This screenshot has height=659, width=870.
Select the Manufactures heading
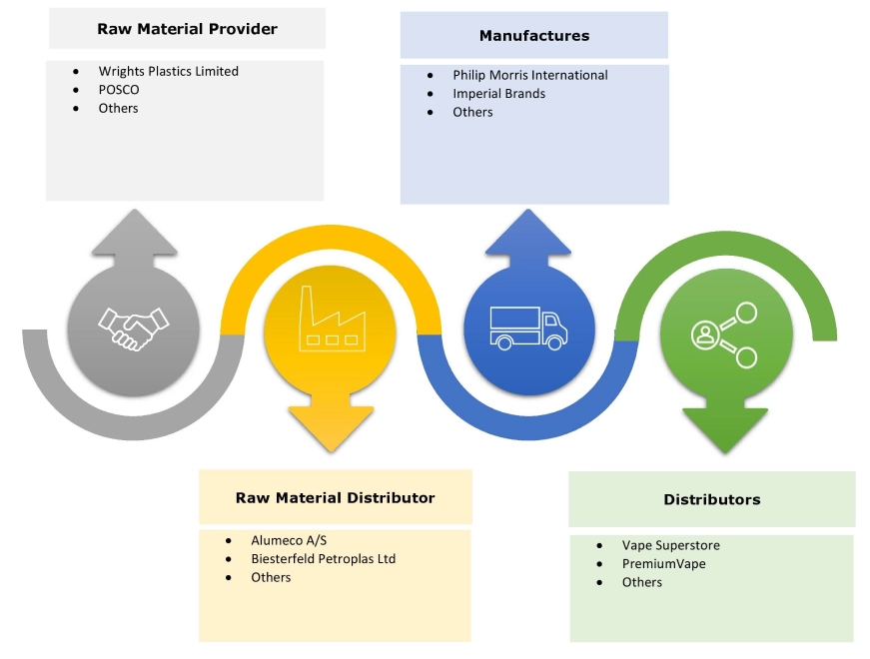(534, 36)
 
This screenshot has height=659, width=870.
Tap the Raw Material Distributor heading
(335, 497)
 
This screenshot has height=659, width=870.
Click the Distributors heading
(711, 499)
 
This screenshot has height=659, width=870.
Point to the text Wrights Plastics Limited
(168, 71)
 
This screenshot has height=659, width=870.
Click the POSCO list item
(119, 90)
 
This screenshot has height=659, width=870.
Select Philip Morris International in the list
(529, 75)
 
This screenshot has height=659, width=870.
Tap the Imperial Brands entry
(498, 94)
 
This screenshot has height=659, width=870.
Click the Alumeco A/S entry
(289, 540)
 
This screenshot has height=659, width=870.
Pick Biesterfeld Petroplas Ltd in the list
(323, 559)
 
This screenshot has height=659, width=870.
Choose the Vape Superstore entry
(670, 546)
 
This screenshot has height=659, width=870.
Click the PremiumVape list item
(663, 564)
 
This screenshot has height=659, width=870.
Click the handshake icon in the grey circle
(133, 327)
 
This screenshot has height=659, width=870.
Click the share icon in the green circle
(724, 333)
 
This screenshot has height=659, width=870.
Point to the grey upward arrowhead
(133, 232)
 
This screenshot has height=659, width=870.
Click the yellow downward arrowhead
(331, 427)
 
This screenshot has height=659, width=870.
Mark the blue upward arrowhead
(528, 232)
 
